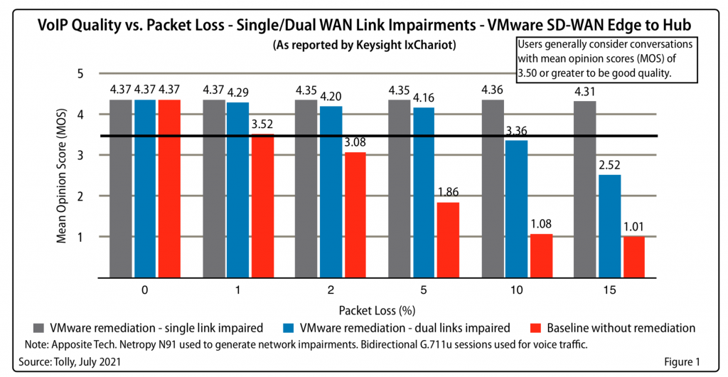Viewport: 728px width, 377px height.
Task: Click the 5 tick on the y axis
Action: [80, 73]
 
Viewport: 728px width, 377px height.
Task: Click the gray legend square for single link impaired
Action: [40, 328]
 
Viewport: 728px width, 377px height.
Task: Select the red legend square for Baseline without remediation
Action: [537, 328]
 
